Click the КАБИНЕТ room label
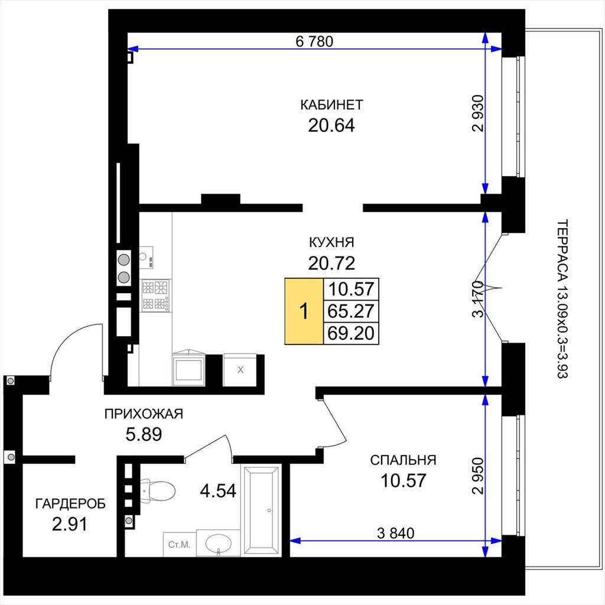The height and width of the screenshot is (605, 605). coord(331,105)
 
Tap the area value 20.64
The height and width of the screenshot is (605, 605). coord(331,125)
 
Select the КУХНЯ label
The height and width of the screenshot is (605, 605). coord(331,242)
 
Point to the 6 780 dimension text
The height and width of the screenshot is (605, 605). coord(314,41)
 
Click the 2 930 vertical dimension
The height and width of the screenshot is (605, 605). coord(477,113)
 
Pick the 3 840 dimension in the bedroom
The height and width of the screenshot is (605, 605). coord(395,534)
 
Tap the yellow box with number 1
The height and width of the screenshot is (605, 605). coord(304,311)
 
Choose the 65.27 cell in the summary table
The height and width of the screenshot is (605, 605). coord(351,311)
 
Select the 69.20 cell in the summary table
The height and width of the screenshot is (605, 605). coord(351,333)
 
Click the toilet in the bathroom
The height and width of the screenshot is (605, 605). coord(156,490)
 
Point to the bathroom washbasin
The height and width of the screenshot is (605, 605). coord(219,543)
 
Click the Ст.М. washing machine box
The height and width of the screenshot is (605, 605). coord(180,544)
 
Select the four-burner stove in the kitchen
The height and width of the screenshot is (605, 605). coord(155,295)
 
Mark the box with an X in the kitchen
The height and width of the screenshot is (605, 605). coord(240,370)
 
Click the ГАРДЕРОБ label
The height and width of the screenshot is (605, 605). coord(70,504)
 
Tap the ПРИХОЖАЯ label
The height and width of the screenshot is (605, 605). coord(144,414)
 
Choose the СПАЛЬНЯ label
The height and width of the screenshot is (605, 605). coord(403,460)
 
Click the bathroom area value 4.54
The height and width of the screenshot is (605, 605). coord(218,491)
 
